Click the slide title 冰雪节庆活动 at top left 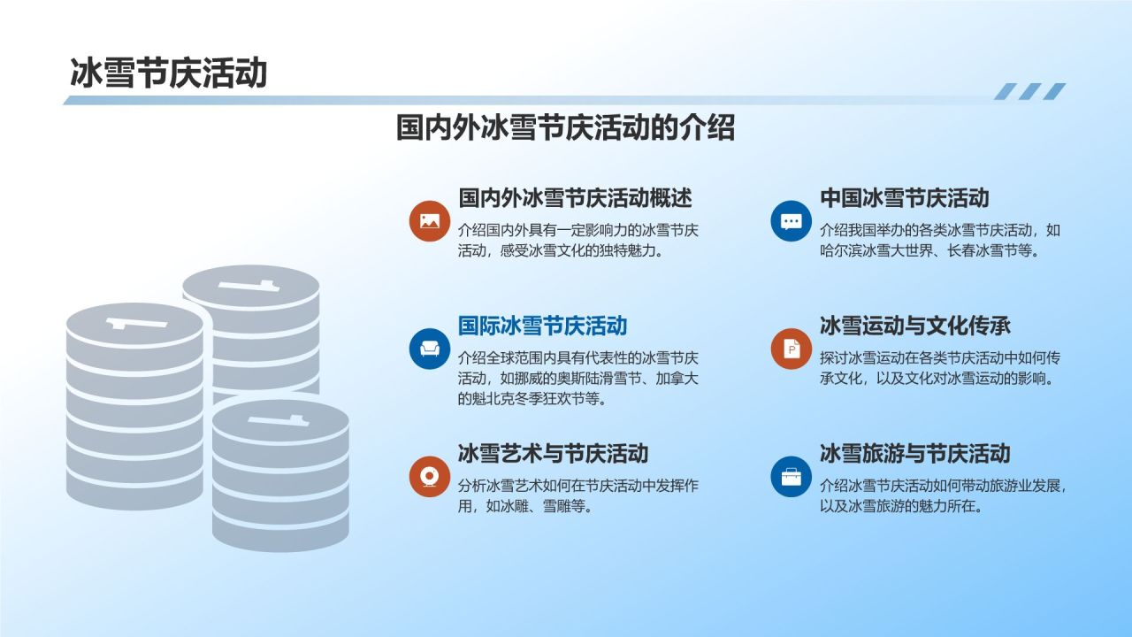click(x=168, y=73)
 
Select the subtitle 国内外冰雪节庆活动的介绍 click(x=565, y=127)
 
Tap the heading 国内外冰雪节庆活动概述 click(x=575, y=197)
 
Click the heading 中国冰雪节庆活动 click(x=904, y=197)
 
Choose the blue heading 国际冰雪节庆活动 click(x=542, y=326)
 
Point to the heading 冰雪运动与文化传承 click(x=914, y=326)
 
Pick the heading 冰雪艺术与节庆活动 click(x=553, y=454)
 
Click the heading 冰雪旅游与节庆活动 click(x=914, y=454)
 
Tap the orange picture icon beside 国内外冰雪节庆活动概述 click(x=430, y=221)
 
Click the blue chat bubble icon click(x=792, y=221)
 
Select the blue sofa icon click(x=430, y=349)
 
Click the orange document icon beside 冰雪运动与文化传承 click(x=792, y=349)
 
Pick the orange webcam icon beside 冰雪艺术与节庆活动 click(x=430, y=477)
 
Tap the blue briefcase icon click(x=792, y=477)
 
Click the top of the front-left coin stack click(x=135, y=324)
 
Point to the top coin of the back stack click(x=251, y=286)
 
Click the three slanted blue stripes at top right click(x=1029, y=91)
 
